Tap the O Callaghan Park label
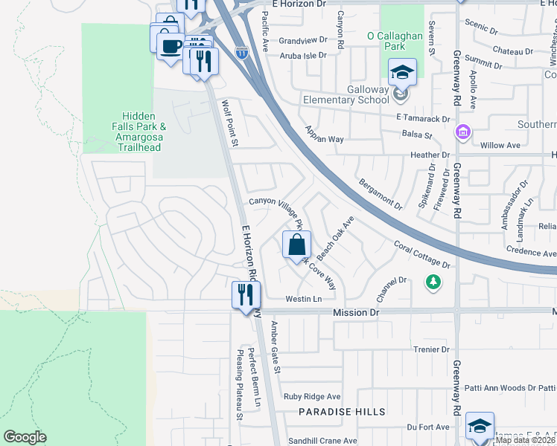[x=395, y=41]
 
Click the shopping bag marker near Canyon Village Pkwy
[x=296, y=245]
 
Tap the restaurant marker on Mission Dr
[x=246, y=296]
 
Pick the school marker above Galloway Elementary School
[x=402, y=73]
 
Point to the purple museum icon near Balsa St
[x=462, y=132]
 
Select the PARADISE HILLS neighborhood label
[x=343, y=412]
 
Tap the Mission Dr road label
[x=356, y=313]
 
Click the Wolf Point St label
[x=229, y=123]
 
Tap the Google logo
[x=25, y=437]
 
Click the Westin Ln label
[x=307, y=299]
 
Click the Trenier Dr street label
[x=431, y=349]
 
